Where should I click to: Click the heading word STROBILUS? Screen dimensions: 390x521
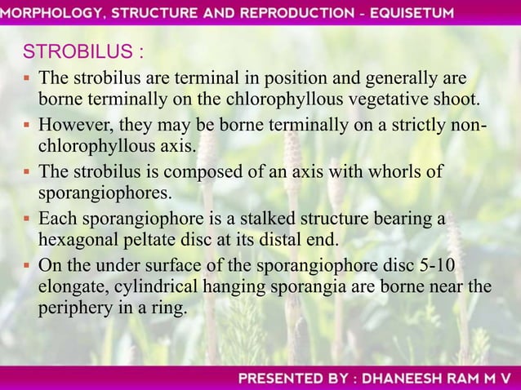(x=78, y=52)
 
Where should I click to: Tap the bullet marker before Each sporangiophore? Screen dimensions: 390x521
(x=28, y=219)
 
